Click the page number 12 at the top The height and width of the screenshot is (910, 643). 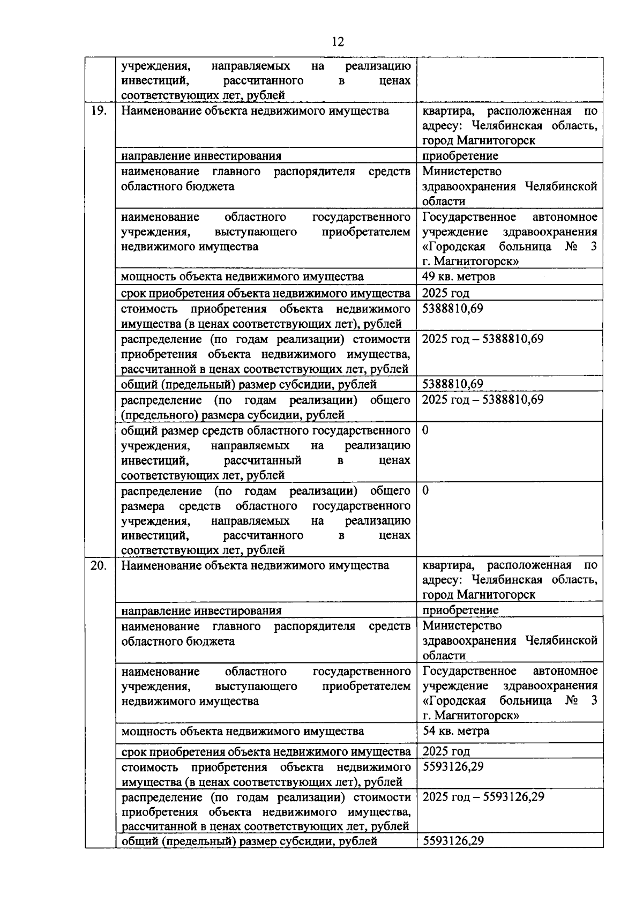[x=338, y=42]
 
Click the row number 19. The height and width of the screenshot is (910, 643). [x=99, y=111]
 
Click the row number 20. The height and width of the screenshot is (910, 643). [x=99, y=565]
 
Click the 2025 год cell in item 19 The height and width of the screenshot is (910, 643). [x=446, y=293]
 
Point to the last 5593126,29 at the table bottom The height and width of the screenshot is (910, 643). [x=453, y=840]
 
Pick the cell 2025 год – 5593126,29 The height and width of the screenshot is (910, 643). [x=483, y=796]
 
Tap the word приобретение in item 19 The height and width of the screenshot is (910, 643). [x=460, y=156]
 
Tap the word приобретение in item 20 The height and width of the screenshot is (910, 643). [x=460, y=610]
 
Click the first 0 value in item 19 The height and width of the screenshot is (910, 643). [x=425, y=430]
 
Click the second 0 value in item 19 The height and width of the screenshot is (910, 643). [x=425, y=491]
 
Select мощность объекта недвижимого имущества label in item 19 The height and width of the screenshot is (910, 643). [x=242, y=277]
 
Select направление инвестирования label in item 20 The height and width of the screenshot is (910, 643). [x=201, y=610]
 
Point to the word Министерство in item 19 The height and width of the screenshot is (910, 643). [x=462, y=171]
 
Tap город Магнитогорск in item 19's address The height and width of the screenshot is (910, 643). [x=478, y=140]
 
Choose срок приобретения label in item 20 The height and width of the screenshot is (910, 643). [x=266, y=751]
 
